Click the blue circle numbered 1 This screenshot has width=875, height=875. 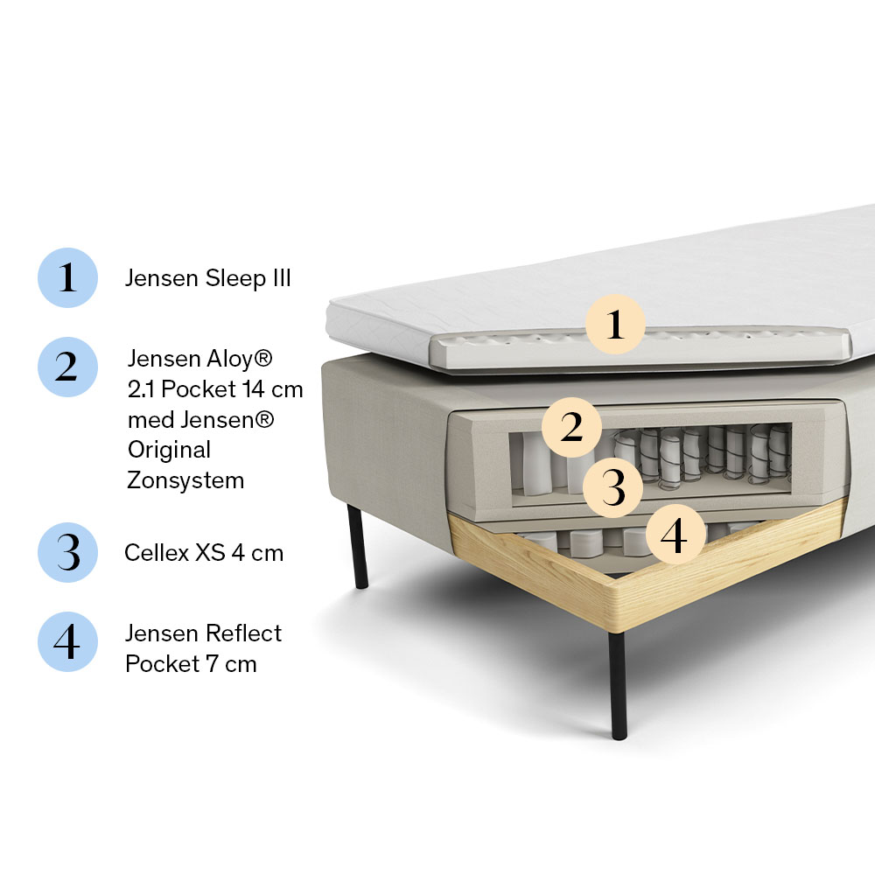tap(67, 277)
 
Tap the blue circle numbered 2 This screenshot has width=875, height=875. tap(67, 367)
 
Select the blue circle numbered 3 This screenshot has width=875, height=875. tap(67, 552)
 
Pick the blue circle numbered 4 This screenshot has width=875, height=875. tap(67, 641)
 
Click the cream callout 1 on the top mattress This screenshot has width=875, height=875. tap(615, 325)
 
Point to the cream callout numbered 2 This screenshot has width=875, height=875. tap(571, 428)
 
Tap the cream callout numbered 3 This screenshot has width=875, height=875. tap(612, 487)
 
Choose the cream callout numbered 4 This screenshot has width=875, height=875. tap(675, 534)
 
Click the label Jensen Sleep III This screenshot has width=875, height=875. tap(207, 278)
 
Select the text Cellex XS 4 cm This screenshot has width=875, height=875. tap(204, 553)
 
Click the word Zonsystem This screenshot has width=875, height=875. tap(185, 480)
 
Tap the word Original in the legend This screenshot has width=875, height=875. tap(169, 451)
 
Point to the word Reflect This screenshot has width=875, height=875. tap(243, 633)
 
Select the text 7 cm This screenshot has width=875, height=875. tap(232, 664)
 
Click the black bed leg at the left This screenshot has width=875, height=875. tap(358, 546)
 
